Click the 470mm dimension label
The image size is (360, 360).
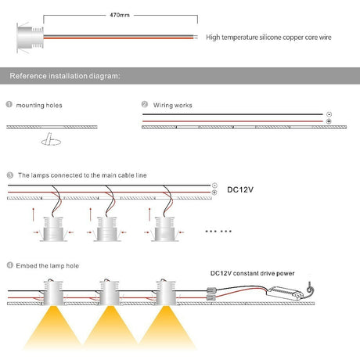tap(120, 15)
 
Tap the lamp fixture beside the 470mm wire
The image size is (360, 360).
tap(30, 38)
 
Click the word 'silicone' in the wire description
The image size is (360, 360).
tap(270, 38)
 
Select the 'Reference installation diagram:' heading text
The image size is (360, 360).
tap(65, 76)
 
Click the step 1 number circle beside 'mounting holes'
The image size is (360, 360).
tap(9, 105)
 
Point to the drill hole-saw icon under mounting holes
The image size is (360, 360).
tap(51, 139)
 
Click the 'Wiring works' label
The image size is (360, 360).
tap(172, 105)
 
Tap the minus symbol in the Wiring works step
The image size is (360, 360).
tap(329, 114)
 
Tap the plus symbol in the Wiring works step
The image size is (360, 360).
tap(329, 121)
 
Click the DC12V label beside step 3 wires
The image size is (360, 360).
tap(240, 189)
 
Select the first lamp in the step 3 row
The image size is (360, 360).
tap(53, 229)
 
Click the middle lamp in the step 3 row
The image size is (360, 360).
tap(107, 229)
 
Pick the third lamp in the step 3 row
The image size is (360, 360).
tap(164, 229)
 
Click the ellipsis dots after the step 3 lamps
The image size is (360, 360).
tap(218, 231)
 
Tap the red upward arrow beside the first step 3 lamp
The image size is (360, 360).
tap(33, 214)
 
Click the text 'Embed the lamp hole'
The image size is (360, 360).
tap(48, 266)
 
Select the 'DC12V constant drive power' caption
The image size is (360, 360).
tap(252, 273)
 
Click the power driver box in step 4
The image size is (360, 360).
tap(285, 293)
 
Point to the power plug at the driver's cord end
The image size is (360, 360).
tap(310, 288)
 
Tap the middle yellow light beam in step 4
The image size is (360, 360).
tap(110, 327)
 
